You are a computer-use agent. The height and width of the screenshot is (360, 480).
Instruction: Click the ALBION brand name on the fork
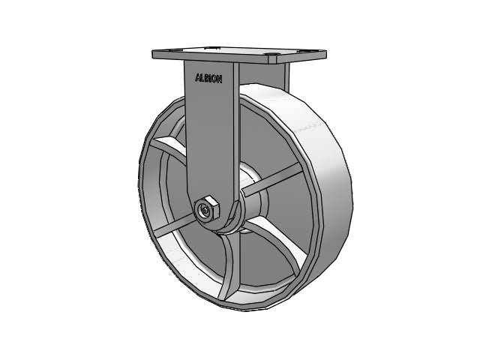pos(208,79)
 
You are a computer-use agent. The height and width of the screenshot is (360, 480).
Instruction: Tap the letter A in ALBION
pos(198,78)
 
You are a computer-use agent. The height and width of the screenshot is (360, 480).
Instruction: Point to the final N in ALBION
pos(219,79)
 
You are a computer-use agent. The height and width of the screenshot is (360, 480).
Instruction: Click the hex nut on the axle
pos(208,208)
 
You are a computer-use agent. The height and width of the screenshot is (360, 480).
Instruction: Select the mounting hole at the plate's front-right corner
pos(271,55)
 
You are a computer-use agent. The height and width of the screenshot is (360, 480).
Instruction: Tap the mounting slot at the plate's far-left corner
pos(175,49)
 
